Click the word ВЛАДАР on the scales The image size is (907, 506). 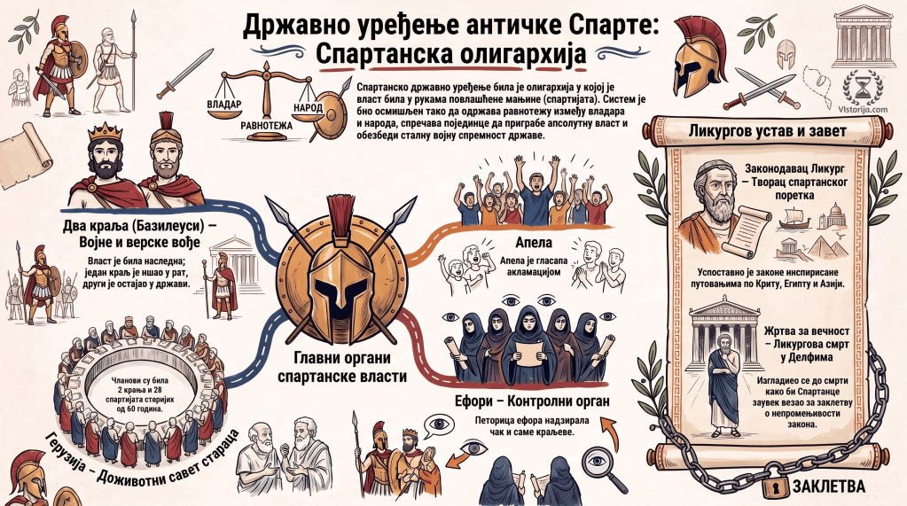click(x=223, y=104)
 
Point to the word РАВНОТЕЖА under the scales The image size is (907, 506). click(x=267, y=126)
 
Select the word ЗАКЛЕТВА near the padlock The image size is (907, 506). click(x=829, y=487)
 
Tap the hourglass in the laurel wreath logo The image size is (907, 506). click(x=863, y=88)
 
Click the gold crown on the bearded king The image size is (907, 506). click(x=105, y=132)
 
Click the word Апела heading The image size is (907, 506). click(x=533, y=242)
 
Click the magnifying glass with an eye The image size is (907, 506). click(x=601, y=465)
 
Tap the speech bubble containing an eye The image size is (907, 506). click(x=439, y=425)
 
